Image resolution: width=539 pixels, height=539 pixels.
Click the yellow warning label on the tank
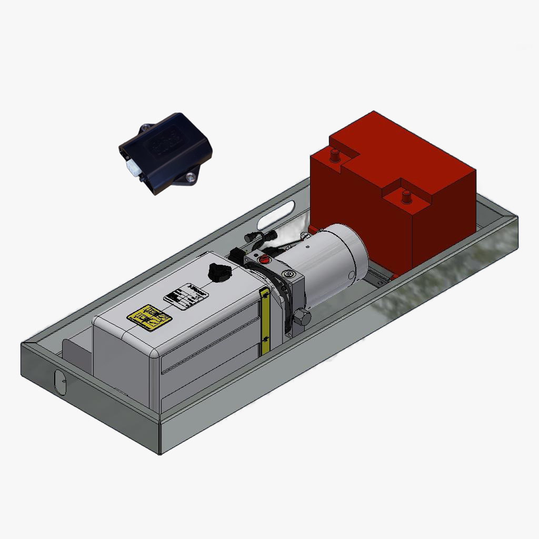(149, 318)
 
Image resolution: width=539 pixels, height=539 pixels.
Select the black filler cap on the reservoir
(216, 272)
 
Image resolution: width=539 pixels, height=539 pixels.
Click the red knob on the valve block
(264, 258)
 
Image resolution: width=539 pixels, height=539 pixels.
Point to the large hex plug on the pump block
(302, 317)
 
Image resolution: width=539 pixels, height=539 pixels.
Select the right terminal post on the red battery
(406, 196)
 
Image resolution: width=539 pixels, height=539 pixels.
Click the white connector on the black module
(134, 169)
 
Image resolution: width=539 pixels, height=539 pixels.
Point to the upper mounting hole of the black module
(145, 128)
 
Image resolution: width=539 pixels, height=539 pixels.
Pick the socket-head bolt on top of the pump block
(287, 275)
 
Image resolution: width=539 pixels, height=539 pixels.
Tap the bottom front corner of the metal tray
(160, 453)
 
